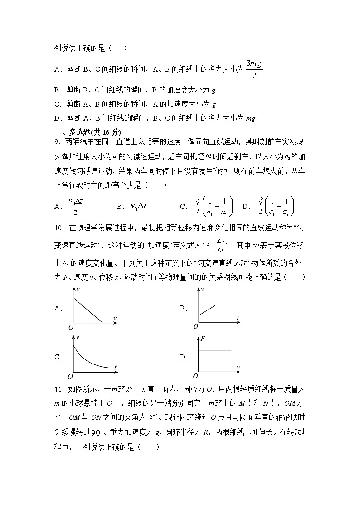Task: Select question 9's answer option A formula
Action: coord(76,207)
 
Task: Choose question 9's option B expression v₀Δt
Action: coord(138,207)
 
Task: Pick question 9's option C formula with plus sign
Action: coord(213,207)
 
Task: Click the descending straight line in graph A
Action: coord(88,310)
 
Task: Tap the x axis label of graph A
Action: coord(115,319)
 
